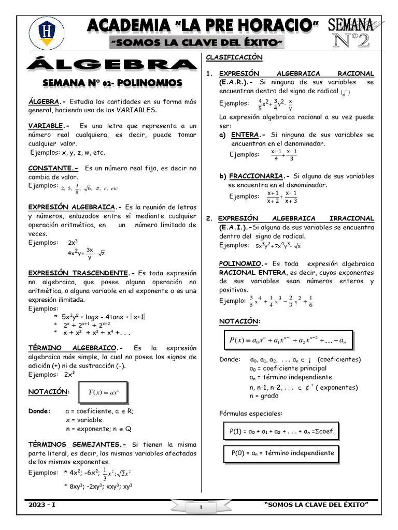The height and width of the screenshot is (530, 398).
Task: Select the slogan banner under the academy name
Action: coord(197,41)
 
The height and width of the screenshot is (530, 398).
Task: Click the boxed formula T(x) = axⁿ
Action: coord(103,393)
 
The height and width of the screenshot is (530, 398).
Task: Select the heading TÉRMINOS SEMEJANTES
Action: coord(77,444)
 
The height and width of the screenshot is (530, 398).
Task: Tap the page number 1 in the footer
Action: coord(200,508)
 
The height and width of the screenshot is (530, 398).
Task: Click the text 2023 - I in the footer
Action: coord(42,505)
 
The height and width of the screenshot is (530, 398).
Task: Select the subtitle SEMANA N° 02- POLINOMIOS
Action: coord(112,83)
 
